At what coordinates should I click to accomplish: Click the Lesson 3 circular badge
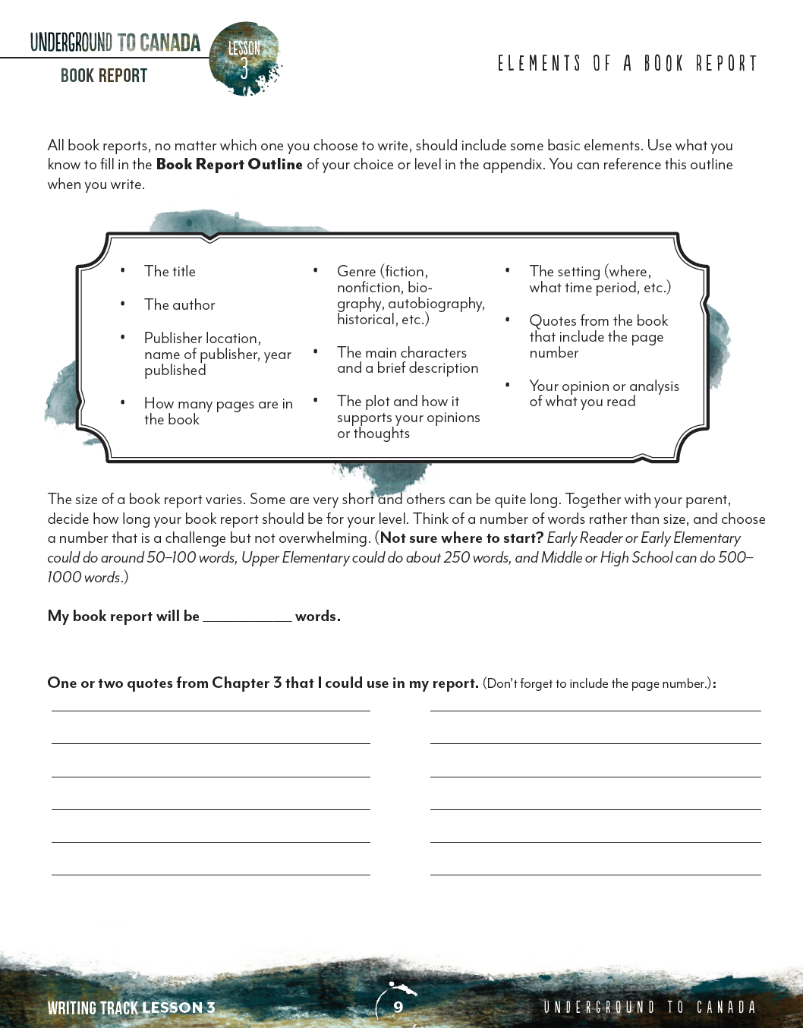(244, 59)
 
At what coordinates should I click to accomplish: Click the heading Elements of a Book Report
(627, 64)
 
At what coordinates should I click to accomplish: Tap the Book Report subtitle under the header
(104, 76)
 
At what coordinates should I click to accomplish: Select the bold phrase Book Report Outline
(229, 165)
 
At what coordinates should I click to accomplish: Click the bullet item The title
(170, 272)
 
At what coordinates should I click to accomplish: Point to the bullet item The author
(180, 305)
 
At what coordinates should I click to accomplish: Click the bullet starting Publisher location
(217, 354)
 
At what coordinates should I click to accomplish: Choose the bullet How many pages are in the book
(218, 412)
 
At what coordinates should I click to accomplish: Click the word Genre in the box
(357, 272)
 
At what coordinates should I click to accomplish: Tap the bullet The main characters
(407, 361)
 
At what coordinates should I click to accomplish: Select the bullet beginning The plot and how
(408, 418)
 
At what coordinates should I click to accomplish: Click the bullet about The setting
(600, 279)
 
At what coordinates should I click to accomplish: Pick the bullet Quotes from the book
(598, 336)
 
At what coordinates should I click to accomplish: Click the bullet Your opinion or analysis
(603, 394)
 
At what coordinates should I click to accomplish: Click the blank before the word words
(247, 616)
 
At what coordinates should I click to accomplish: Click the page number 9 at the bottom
(398, 1008)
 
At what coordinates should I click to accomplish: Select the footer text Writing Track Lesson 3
(131, 1008)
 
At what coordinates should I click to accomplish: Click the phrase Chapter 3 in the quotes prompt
(247, 683)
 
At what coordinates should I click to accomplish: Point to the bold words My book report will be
(123, 616)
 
